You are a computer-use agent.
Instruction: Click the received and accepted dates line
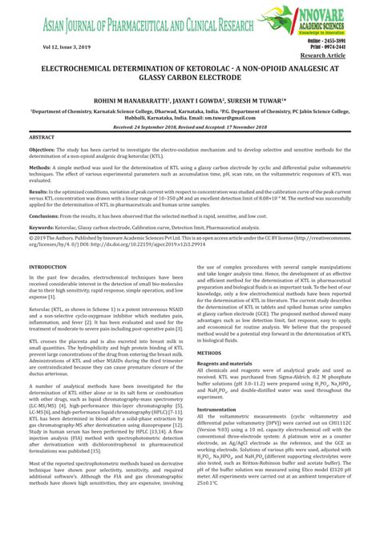click(x=190, y=127)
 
